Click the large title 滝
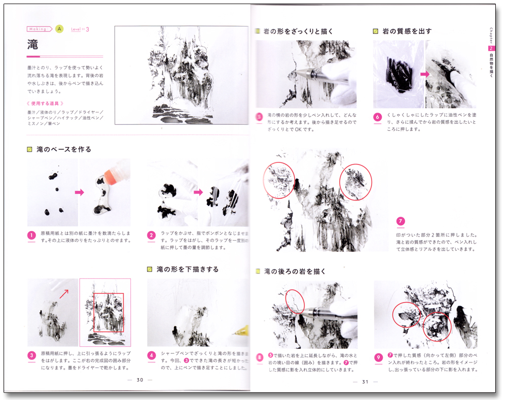click(x=33, y=44)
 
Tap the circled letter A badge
click(x=59, y=29)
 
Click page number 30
click(x=140, y=380)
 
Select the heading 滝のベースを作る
click(x=64, y=150)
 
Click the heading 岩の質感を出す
click(x=408, y=31)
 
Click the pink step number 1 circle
click(x=32, y=236)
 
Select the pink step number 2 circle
click(x=151, y=236)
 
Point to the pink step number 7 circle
click(x=401, y=221)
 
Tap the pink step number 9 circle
click(x=378, y=358)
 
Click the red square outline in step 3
click(x=108, y=312)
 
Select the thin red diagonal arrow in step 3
click(x=64, y=293)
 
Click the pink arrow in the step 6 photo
click(x=423, y=74)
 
